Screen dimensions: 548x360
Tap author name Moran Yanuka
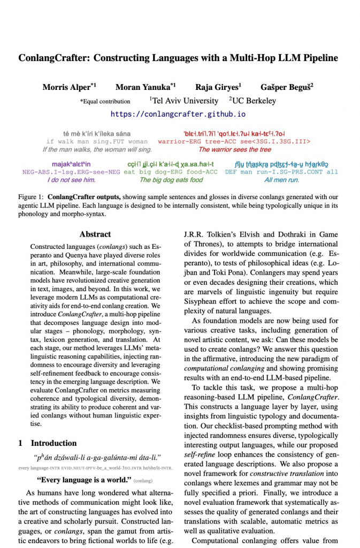click(x=143, y=87)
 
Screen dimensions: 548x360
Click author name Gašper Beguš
click(x=286, y=87)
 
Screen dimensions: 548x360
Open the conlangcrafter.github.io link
click(x=178, y=114)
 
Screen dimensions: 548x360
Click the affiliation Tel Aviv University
click(x=186, y=101)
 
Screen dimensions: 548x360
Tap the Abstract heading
click(x=95, y=234)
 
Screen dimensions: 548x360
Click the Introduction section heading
click(x=53, y=443)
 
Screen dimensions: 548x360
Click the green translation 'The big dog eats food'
click(x=171, y=180)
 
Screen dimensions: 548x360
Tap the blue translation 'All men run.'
click(x=281, y=180)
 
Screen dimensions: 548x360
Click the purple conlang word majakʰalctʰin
click(x=72, y=164)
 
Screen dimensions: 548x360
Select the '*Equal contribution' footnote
click(x=105, y=101)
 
